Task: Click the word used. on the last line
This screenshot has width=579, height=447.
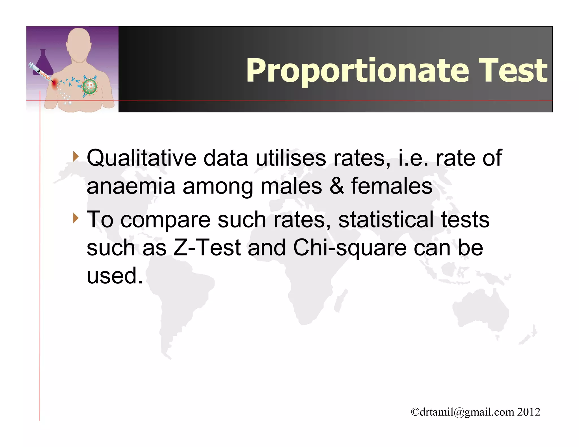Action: [x=114, y=276]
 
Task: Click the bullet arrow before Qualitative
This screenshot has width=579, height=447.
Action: [x=75, y=156]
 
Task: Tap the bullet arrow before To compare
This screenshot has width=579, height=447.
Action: [x=75, y=218]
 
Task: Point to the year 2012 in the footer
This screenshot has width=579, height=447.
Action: [x=529, y=412]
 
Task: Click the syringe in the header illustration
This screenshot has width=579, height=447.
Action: [x=40, y=72]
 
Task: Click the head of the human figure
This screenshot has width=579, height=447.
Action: [x=79, y=42]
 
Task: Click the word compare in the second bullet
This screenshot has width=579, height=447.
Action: [x=165, y=220]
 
